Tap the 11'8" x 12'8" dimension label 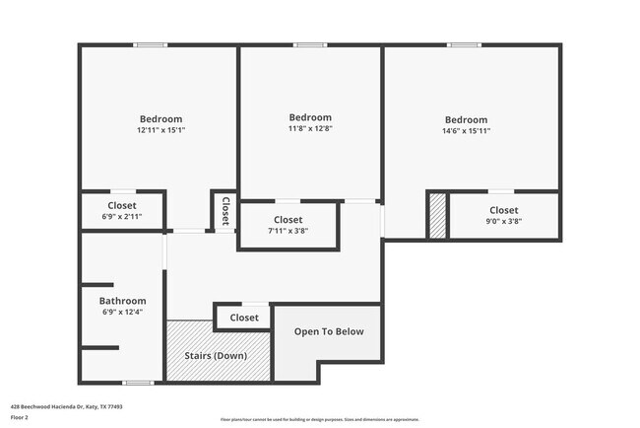click(310, 127)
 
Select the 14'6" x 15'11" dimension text click(466, 130)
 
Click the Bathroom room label click(122, 301)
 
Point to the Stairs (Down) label click(216, 355)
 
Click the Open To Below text click(329, 331)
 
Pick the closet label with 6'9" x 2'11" click(122, 205)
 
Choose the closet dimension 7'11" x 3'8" click(288, 231)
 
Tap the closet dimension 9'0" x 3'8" click(503, 221)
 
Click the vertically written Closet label click(224, 210)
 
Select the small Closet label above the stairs click(244, 318)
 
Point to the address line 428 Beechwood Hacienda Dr click(66, 405)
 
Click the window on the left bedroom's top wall click(151, 44)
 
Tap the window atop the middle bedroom click(309, 44)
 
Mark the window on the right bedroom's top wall click(464, 44)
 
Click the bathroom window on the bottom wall click(138, 382)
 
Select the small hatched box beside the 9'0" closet click(436, 215)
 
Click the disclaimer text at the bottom click(319, 419)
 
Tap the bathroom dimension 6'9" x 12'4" click(122, 313)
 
